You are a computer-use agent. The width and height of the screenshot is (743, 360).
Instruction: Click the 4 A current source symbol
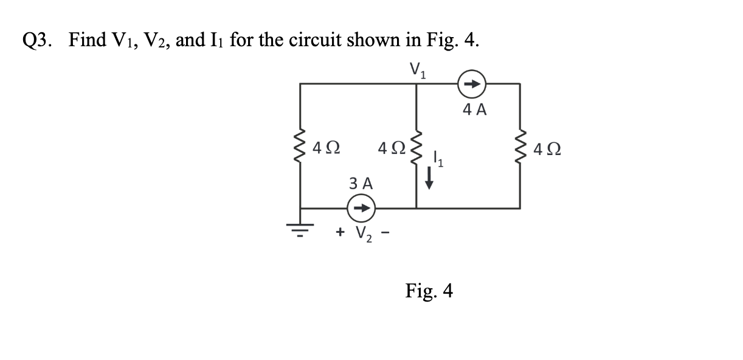[472, 85]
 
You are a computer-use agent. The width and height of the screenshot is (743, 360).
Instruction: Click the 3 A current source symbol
[361, 208]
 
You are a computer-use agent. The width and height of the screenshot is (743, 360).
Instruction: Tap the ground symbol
[300, 227]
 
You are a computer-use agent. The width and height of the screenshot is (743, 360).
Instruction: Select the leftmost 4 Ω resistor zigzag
[300, 147]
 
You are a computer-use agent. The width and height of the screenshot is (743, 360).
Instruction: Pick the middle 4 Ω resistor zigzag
[416, 146]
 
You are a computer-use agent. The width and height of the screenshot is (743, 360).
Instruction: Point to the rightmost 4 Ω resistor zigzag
[520, 147]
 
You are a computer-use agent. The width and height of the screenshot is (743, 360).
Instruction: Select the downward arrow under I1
[429, 179]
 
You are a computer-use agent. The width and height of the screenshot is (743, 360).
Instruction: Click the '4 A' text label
[474, 110]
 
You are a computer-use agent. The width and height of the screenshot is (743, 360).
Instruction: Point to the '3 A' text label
[361, 183]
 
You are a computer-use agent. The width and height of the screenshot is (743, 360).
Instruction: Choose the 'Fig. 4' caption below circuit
[429, 291]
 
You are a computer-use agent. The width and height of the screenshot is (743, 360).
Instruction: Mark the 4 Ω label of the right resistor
[546, 148]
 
